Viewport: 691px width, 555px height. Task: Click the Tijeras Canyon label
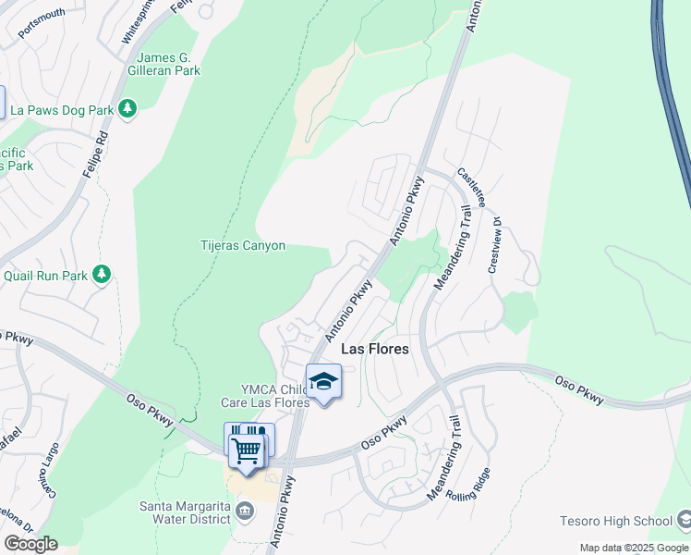[243, 246]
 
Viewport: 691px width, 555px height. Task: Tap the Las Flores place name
[375, 350]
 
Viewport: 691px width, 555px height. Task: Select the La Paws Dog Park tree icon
[127, 110]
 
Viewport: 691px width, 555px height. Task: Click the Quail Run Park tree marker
[102, 275]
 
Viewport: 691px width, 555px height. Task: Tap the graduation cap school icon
[323, 381]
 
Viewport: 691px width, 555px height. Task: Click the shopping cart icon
[247, 451]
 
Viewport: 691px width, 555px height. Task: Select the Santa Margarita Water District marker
[245, 510]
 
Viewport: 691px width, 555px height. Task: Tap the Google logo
[30, 544]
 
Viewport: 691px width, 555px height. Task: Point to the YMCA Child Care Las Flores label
[264, 396]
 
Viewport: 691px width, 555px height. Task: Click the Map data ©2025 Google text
[633, 548]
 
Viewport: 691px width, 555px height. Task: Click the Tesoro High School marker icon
[683, 520]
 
